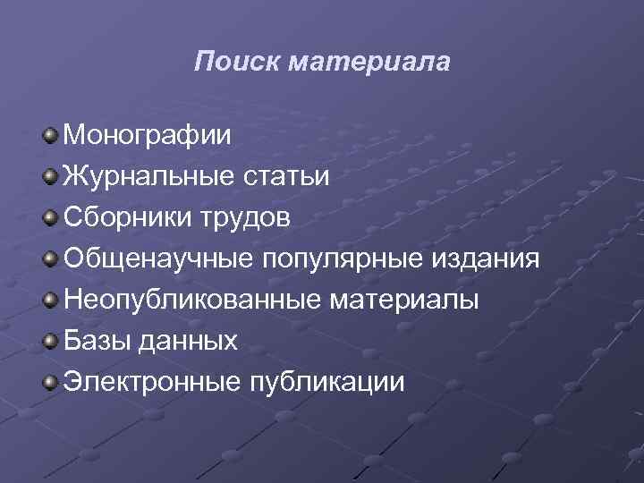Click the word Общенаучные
[x=157, y=258]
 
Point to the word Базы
[x=96, y=341]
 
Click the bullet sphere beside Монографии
[x=53, y=136]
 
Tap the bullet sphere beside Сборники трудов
[x=53, y=217]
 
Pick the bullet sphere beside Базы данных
[x=53, y=341]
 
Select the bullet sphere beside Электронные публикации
[x=53, y=382]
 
